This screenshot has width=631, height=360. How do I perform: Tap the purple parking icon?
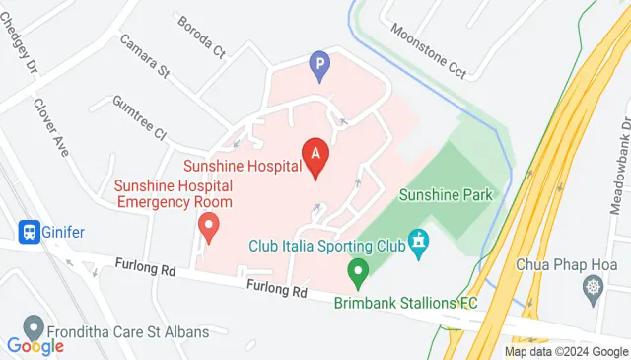tap(319, 66)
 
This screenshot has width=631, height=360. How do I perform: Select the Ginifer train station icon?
tap(29, 232)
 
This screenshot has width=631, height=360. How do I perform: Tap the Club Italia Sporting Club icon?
tap(419, 241)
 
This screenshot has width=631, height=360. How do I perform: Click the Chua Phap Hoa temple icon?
tap(593, 288)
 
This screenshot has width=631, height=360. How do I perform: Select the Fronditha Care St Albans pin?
tap(35, 328)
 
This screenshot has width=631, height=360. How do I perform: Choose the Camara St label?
tap(145, 57)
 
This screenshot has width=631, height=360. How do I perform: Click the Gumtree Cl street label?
tap(139, 116)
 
